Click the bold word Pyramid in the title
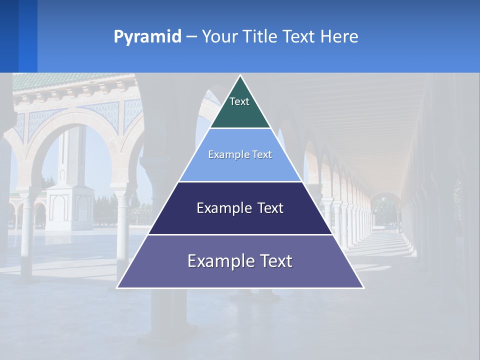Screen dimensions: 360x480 click(x=147, y=36)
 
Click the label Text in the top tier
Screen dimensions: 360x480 click(x=239, y=101)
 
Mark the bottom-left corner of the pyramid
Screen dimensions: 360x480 click(x=117, y=287)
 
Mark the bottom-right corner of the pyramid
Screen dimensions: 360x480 click(x=363, y=287)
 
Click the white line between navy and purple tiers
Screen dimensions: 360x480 click(x=240, y=234)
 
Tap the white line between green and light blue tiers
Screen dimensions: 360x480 click(x=240, y=128)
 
